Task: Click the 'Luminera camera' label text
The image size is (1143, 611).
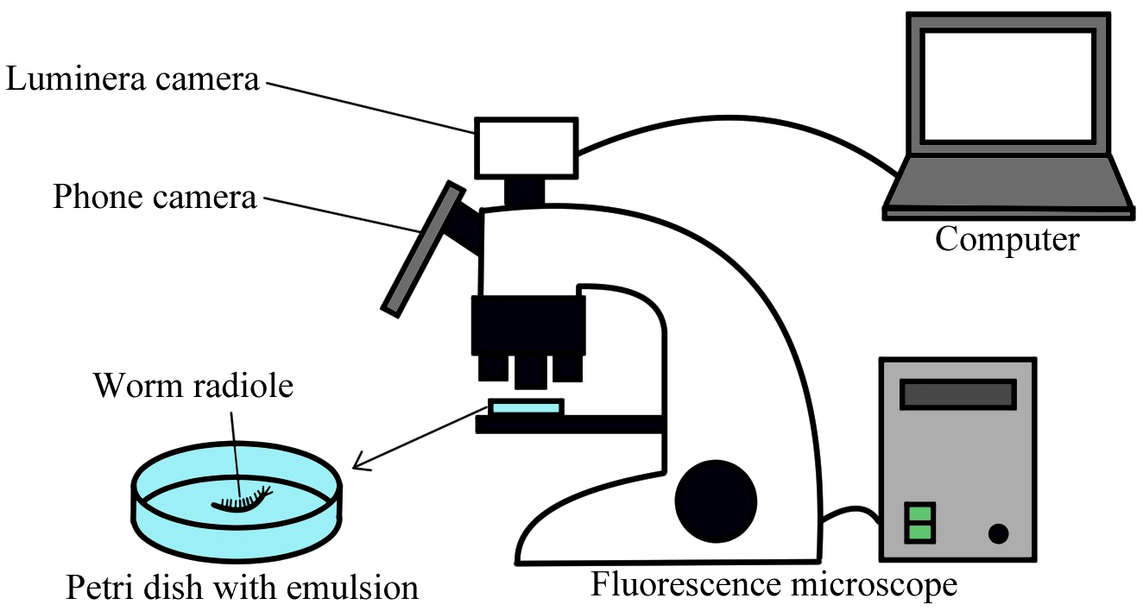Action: [133, 80]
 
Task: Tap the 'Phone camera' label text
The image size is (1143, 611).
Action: [155, 197]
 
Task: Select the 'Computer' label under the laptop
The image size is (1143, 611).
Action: [1007, 238]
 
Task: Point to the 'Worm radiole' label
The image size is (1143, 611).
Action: [193, 385]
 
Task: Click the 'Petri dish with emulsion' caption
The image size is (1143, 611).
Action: [242, 589]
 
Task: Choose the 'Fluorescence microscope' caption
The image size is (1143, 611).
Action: [774, 584]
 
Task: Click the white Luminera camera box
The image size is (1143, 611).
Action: [526, 146]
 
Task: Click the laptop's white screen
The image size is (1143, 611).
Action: [1007, 85]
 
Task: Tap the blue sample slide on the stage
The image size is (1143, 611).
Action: [526, 406]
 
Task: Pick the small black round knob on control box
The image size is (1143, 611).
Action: [998, 534]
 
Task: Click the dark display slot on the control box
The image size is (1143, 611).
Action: [957, 394]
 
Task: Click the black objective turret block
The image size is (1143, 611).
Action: [527, 324]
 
